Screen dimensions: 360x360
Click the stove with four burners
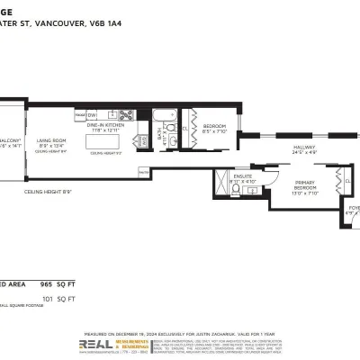tap(142, 140)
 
